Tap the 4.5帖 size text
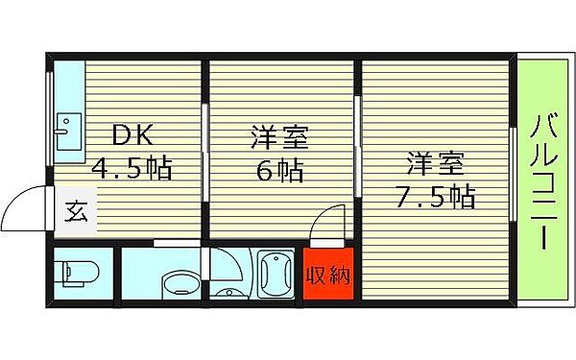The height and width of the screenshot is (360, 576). pos(132,170)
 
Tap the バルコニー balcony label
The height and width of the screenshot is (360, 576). pos(541,181)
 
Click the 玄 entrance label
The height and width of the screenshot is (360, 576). pos(76,210)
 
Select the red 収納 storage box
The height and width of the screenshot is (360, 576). pos(327,276)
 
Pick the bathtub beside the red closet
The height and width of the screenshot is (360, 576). pos(276,276)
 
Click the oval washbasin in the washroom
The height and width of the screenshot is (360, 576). pos(177,282)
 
